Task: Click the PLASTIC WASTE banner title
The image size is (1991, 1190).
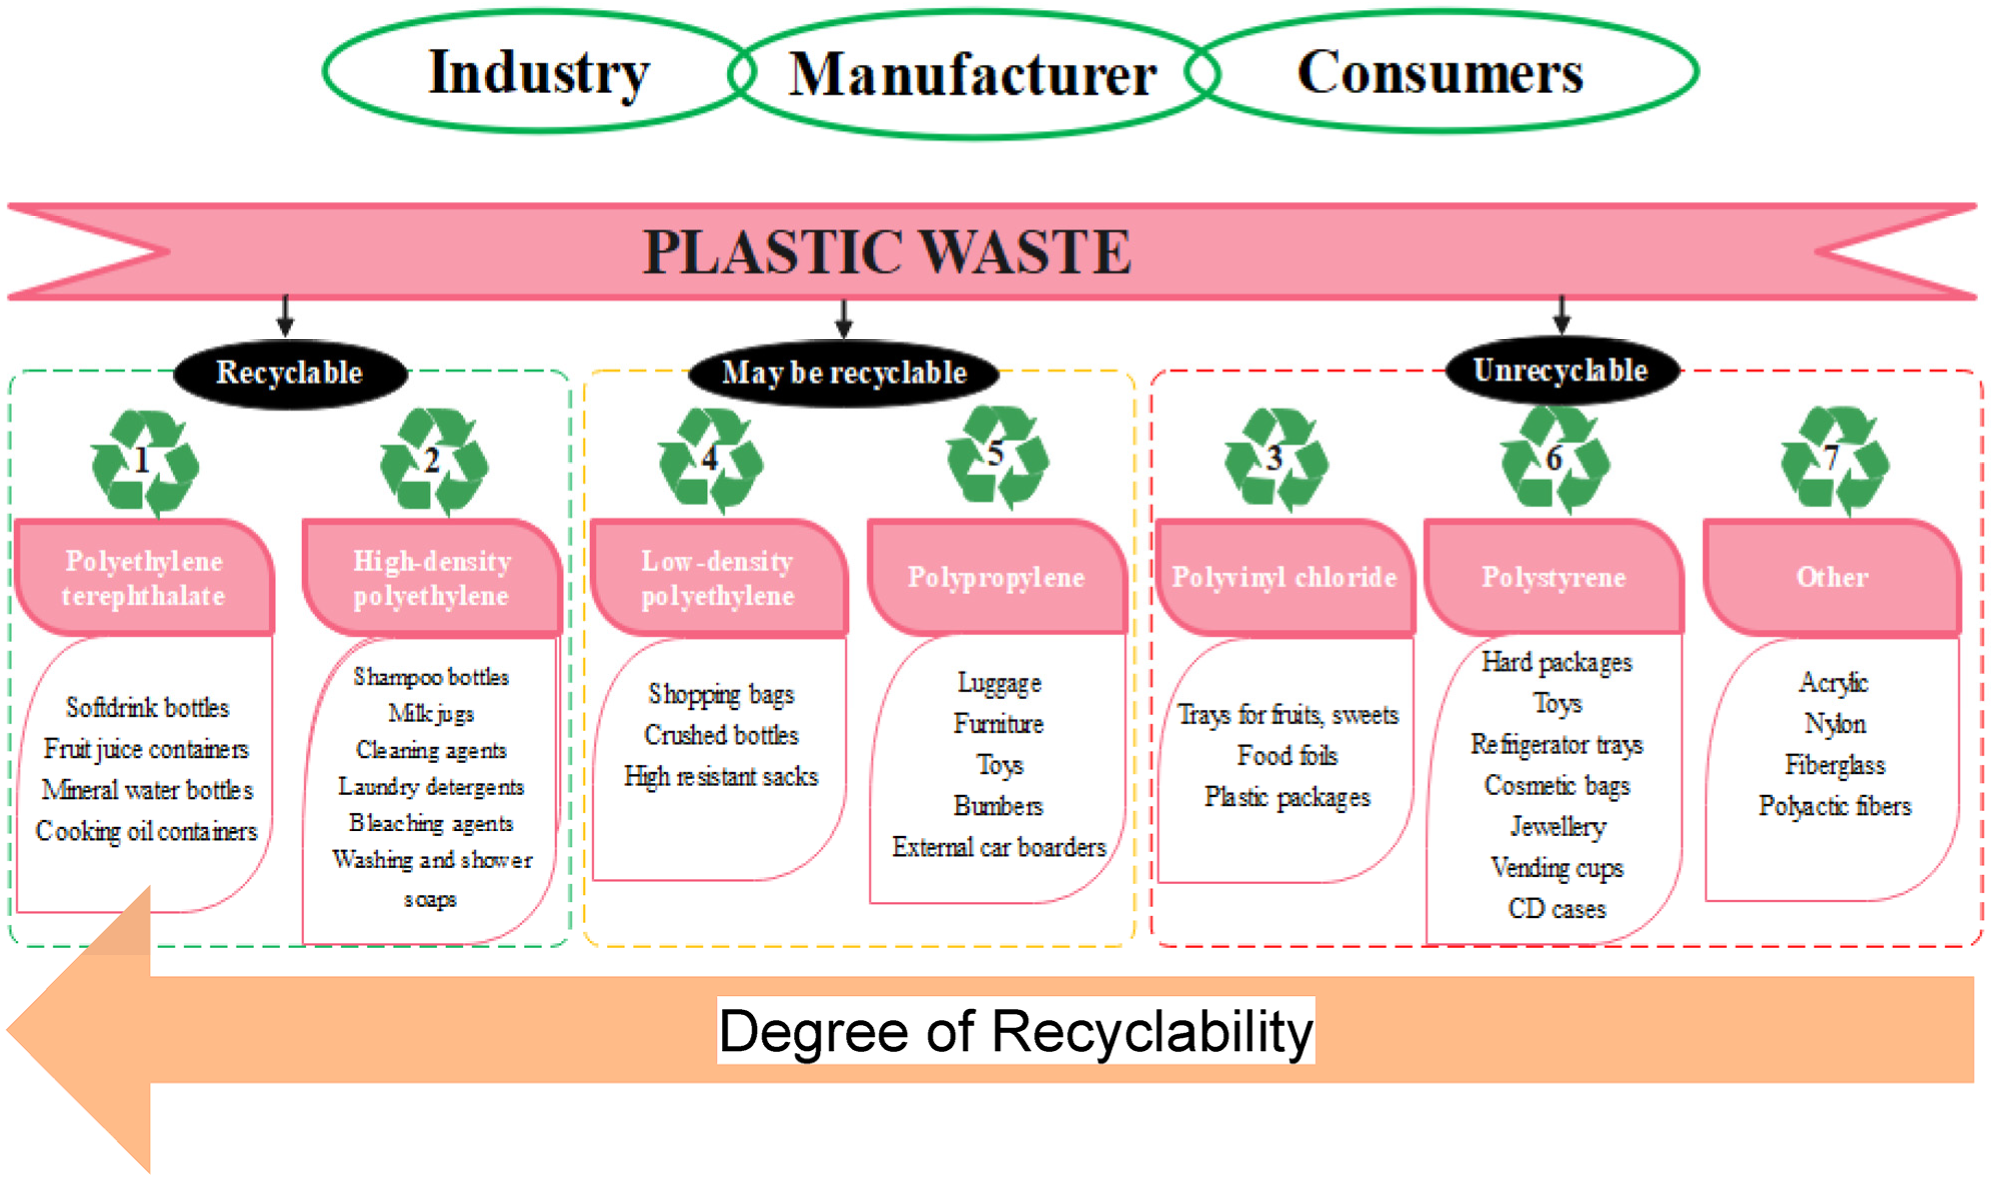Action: click(x=886, y=252)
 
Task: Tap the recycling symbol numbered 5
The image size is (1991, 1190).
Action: click(x=997, y=457)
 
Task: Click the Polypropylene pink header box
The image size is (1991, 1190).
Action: click(x=996, y=577)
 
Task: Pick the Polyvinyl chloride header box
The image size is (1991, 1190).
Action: click(x=1284, y=577)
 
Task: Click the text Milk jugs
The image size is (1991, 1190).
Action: click(x=431, y=713)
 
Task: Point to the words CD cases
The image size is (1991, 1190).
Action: click(x=1556, y=908)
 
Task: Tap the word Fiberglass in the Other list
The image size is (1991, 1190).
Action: click(x=1834, y=765)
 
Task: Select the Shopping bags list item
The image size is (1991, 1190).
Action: click(x=721, y=694)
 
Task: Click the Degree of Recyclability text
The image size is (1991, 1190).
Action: click(x=1015, y=1031)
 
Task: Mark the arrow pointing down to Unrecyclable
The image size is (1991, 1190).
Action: click(x=1560, y=314)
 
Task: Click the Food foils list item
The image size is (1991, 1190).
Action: click(x=1286, y=755)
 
